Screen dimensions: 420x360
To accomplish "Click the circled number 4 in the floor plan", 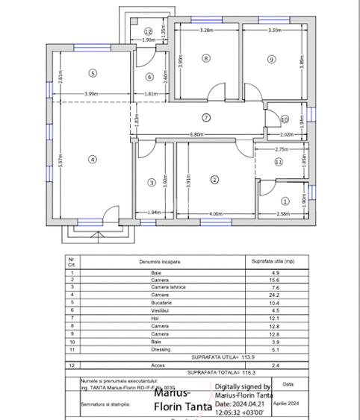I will pyautogui.click(x=93, y=159).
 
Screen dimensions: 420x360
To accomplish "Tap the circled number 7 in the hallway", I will pyautogui.click(x=207, y=117).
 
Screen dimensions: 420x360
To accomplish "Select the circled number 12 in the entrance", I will pyautogui.click(x=149, y=31).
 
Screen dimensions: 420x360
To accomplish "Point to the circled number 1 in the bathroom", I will pyautogui.click(x=285, y=201).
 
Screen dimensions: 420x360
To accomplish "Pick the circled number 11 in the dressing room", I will pyautogui.click(x=279, y=161).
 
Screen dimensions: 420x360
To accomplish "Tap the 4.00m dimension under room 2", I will pyautogui.click(x=216, y=214).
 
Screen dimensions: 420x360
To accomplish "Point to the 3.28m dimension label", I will pyautogui.click(x=207, y=31).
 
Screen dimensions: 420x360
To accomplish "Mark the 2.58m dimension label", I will pyautogui.click(x=284, y=214).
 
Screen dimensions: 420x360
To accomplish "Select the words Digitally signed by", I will pyautogui.click(x=243, y=387).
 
